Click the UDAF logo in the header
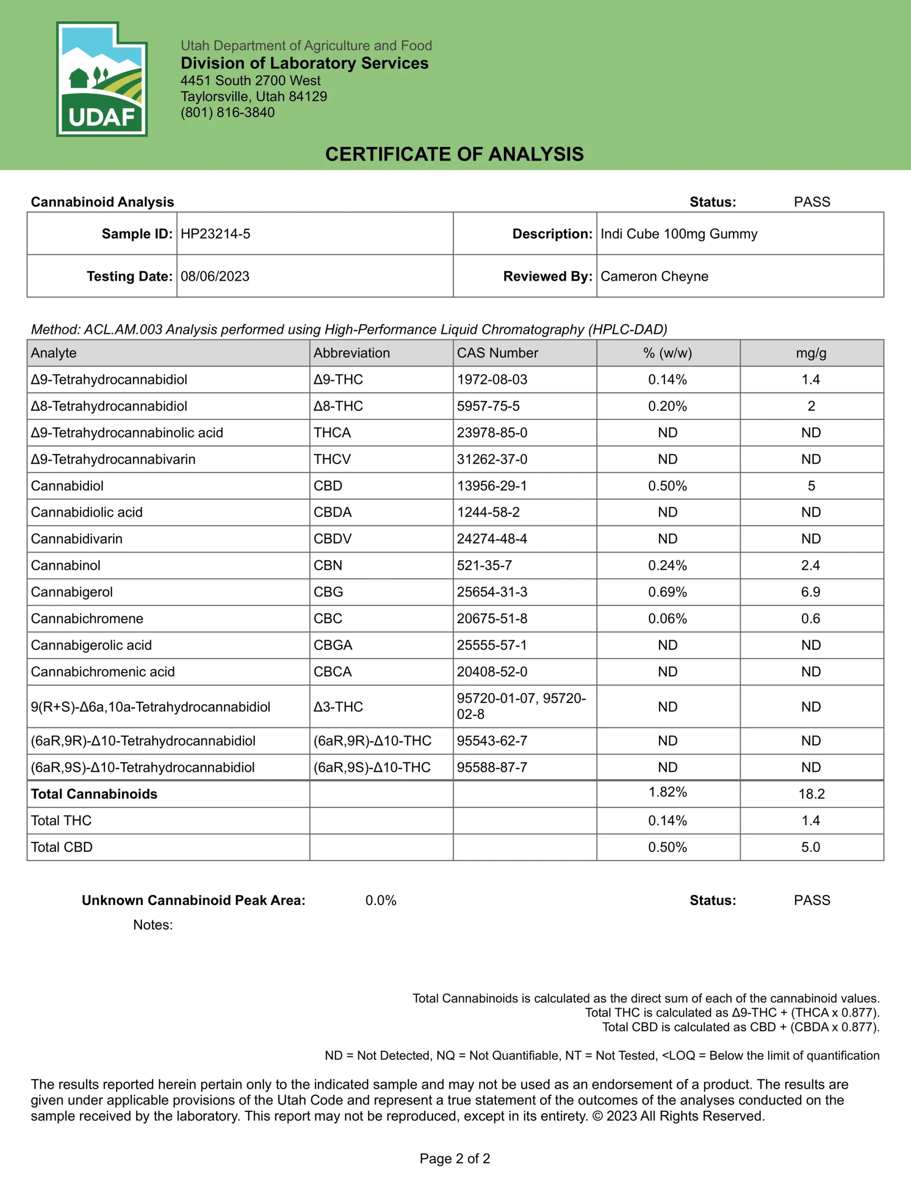101,79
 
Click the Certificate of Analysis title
454,154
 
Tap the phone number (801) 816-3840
228,113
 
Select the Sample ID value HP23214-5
216,234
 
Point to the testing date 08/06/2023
215,276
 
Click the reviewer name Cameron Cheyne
654,276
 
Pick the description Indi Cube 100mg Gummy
679,234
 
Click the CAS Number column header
497,353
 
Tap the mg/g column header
811,353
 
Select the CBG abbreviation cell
328,592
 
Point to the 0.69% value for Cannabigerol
667,592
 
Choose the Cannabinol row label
65,566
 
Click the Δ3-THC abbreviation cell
338,706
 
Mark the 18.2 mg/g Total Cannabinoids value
811,794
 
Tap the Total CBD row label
62,847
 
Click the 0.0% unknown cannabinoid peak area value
381,900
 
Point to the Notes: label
153,925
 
